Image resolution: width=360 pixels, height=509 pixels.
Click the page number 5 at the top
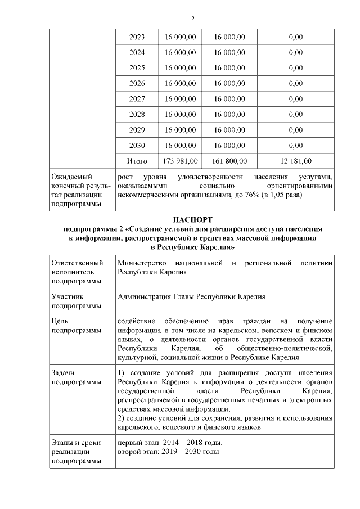(x=193, y=17)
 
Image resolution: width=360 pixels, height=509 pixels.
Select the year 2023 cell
(x=137, y=37)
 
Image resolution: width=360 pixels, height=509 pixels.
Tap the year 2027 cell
(x=137, y=99)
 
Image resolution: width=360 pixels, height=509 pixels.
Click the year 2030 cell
(x=137, y=145)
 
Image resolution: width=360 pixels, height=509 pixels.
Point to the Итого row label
(x=137, y=161)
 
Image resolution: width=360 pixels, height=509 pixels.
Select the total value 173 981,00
(x=180, y=161)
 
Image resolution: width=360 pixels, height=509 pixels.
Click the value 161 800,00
(x=229, y=161)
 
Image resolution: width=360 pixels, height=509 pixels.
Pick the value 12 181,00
(x=295, y=161)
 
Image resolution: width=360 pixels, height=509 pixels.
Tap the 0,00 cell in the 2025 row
(x=295, y=68)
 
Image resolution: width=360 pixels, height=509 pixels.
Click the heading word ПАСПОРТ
(x=192, y=219)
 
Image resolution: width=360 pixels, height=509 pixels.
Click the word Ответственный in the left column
(x=77, y=263)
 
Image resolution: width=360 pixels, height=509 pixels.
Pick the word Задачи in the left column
(x=63, y=373)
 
